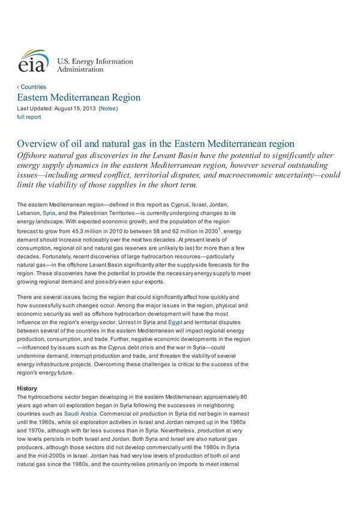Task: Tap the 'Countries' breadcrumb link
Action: pos(32,87)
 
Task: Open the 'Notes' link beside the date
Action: pos(108,109)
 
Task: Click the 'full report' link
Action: pos(29,117)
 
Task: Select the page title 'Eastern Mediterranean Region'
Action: pos(79,98)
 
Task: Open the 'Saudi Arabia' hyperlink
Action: pos(79,414)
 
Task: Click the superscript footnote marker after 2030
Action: pos(220,229)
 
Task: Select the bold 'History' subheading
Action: pos(27,388)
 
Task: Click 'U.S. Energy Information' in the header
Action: pos(95,61)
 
